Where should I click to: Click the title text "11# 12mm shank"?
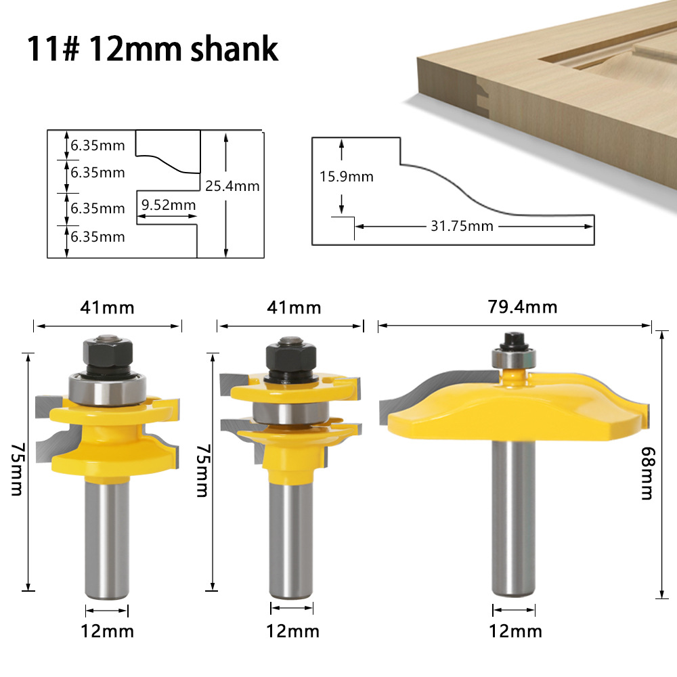pyautogui.click(x=152, y=49)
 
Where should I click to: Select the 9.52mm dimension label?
pyautogui.click(x=169, y=204)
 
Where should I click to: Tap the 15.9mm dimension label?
pyautogui.click(x=347, y=177)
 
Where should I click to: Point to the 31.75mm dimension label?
pyautogui.click(x=462, y=225)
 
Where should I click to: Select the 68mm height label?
pyautogui.click(x=647, y=474)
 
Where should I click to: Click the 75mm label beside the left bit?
pyautogui.click(x=16, y=471)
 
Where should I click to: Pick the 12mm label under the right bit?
pyautogui.click(x=515, y=631)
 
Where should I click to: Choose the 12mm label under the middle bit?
pyautogui.click(x=292, y=631)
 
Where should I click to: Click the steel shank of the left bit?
pyautogui.click(x=106, y=535)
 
